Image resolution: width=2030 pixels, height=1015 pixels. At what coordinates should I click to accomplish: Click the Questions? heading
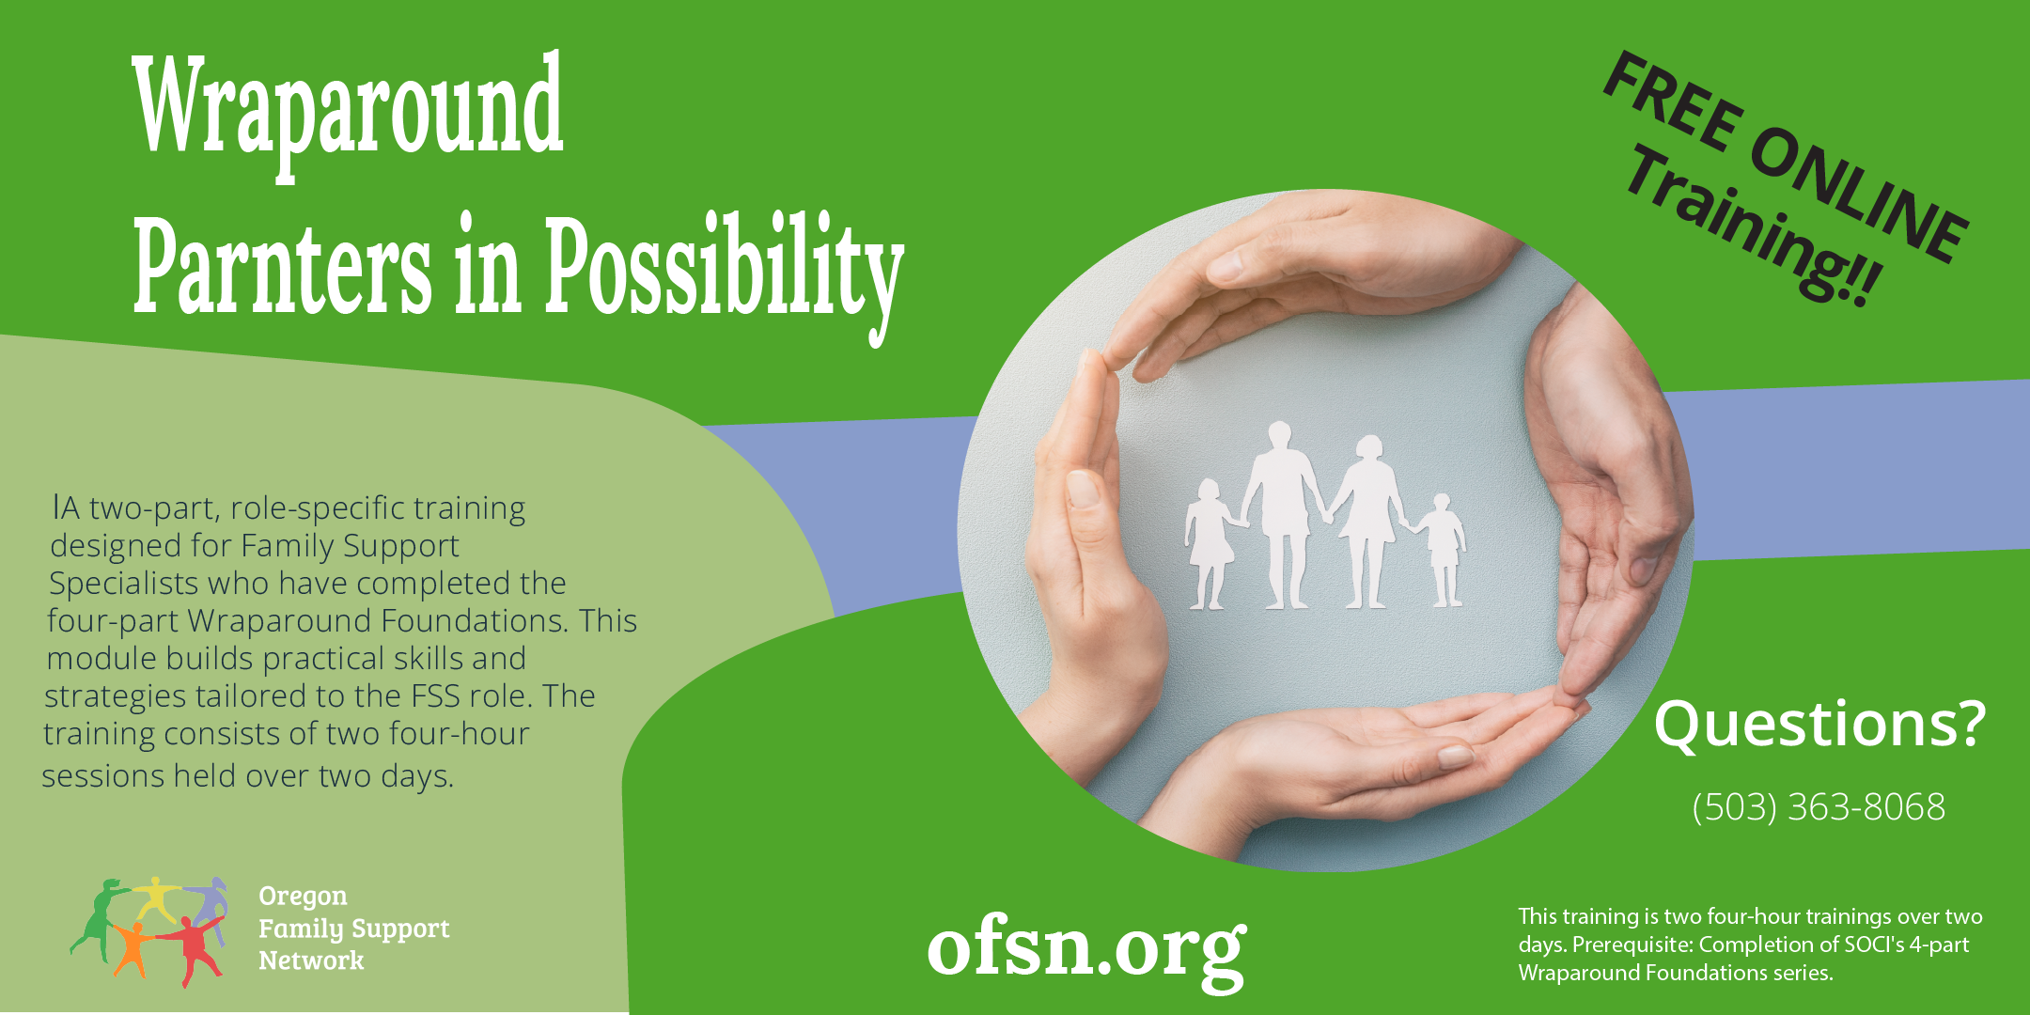click(x=1819, y=725)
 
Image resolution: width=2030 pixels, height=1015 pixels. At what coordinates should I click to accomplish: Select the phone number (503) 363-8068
click(x=1819, y=807)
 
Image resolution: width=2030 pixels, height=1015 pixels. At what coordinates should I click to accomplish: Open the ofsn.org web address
click(x=1086, y=949)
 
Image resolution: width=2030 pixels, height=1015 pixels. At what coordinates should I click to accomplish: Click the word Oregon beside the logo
click(x=303, y=897)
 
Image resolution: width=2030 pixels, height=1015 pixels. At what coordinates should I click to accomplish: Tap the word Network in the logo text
click(x=311, y=960)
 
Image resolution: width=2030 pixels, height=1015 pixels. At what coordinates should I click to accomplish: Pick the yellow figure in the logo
click(x=157, y=898)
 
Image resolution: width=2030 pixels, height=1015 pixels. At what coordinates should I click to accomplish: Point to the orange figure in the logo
click(x=132, y=947)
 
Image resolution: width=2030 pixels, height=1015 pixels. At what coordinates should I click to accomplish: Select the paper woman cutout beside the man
click(x=1366, y=521)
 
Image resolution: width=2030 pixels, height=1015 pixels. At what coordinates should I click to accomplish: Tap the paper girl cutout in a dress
click(x=1210, y=543)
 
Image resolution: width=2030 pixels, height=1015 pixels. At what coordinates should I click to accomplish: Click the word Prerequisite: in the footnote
click(x=1632, y=945)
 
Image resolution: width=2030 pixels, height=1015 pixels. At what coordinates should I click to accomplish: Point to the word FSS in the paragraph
click(x=435, y=696)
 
